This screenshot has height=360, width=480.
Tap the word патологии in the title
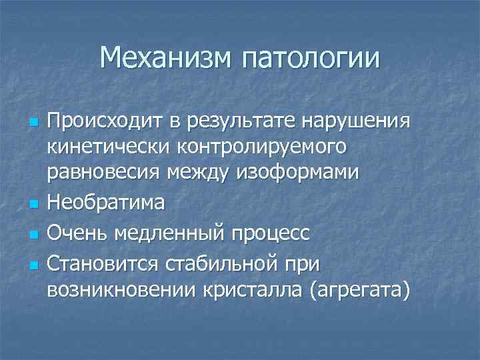point(310,59)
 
